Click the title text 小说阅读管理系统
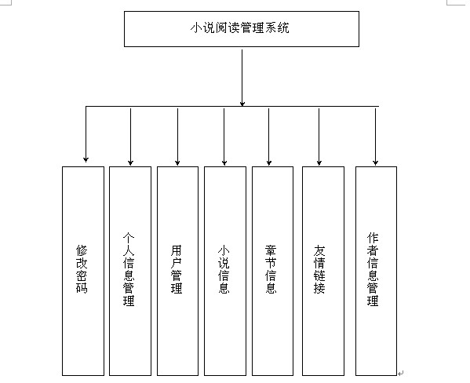240,28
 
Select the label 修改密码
82,269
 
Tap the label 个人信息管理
129,269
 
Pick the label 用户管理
177,269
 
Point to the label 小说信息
224,269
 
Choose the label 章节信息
271,269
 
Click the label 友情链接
319,269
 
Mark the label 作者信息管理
373,269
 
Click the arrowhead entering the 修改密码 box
86,159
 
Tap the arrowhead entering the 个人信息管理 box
130,162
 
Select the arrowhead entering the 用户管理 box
177,162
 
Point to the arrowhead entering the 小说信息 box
224,162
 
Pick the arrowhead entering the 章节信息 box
269,162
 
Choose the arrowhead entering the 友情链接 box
319,162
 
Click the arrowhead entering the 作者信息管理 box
375,162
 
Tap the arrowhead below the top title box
242,103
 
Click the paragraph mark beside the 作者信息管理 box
401,373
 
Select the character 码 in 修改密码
82,288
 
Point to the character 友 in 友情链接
319,250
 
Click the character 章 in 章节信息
271,250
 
